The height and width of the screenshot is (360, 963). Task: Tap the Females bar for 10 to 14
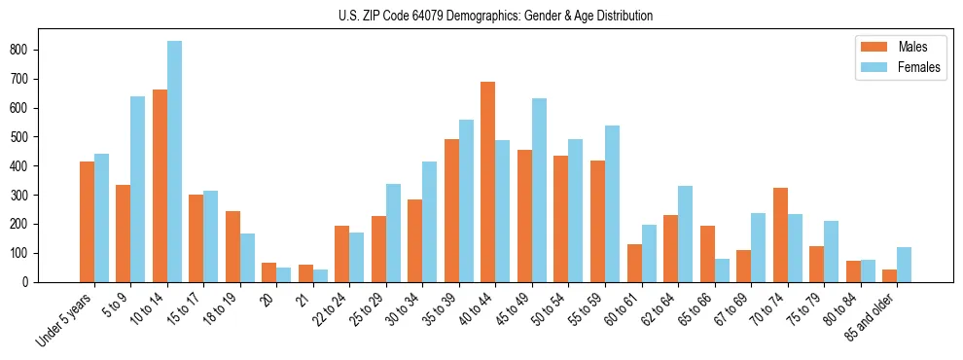click(174, 162)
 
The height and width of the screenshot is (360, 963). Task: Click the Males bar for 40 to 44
click(488, 182)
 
